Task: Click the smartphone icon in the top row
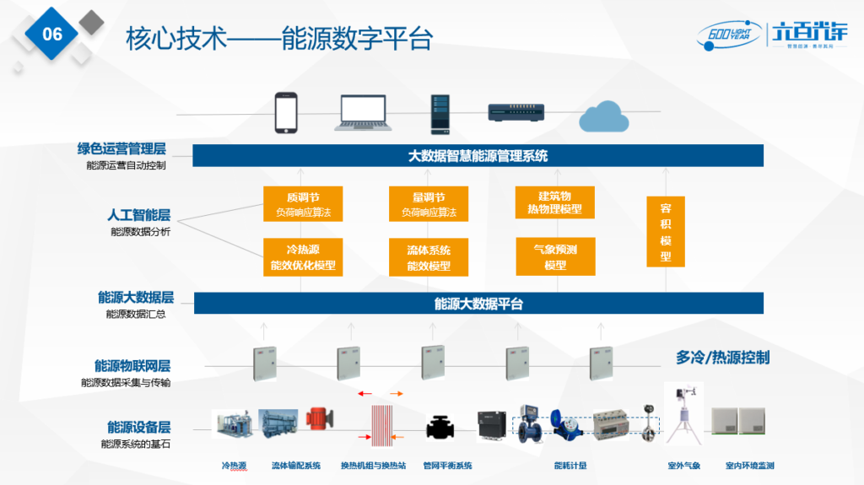[x=287, y=113]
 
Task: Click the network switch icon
[x=516, y=112]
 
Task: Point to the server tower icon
[x=440, y=114]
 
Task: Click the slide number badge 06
[x=51, y=35]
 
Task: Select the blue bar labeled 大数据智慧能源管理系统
[x=478, y=156]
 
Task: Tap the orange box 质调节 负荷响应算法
[x=303, y=204]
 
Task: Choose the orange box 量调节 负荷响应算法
[x=429, y=204]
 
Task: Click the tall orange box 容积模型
[x=665, y=232]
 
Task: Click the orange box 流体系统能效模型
[x=429, y=257]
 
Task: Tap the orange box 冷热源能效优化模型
[x=303, y=257]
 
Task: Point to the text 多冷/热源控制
[x=722, y=358]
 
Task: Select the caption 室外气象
[x=683, y=466]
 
